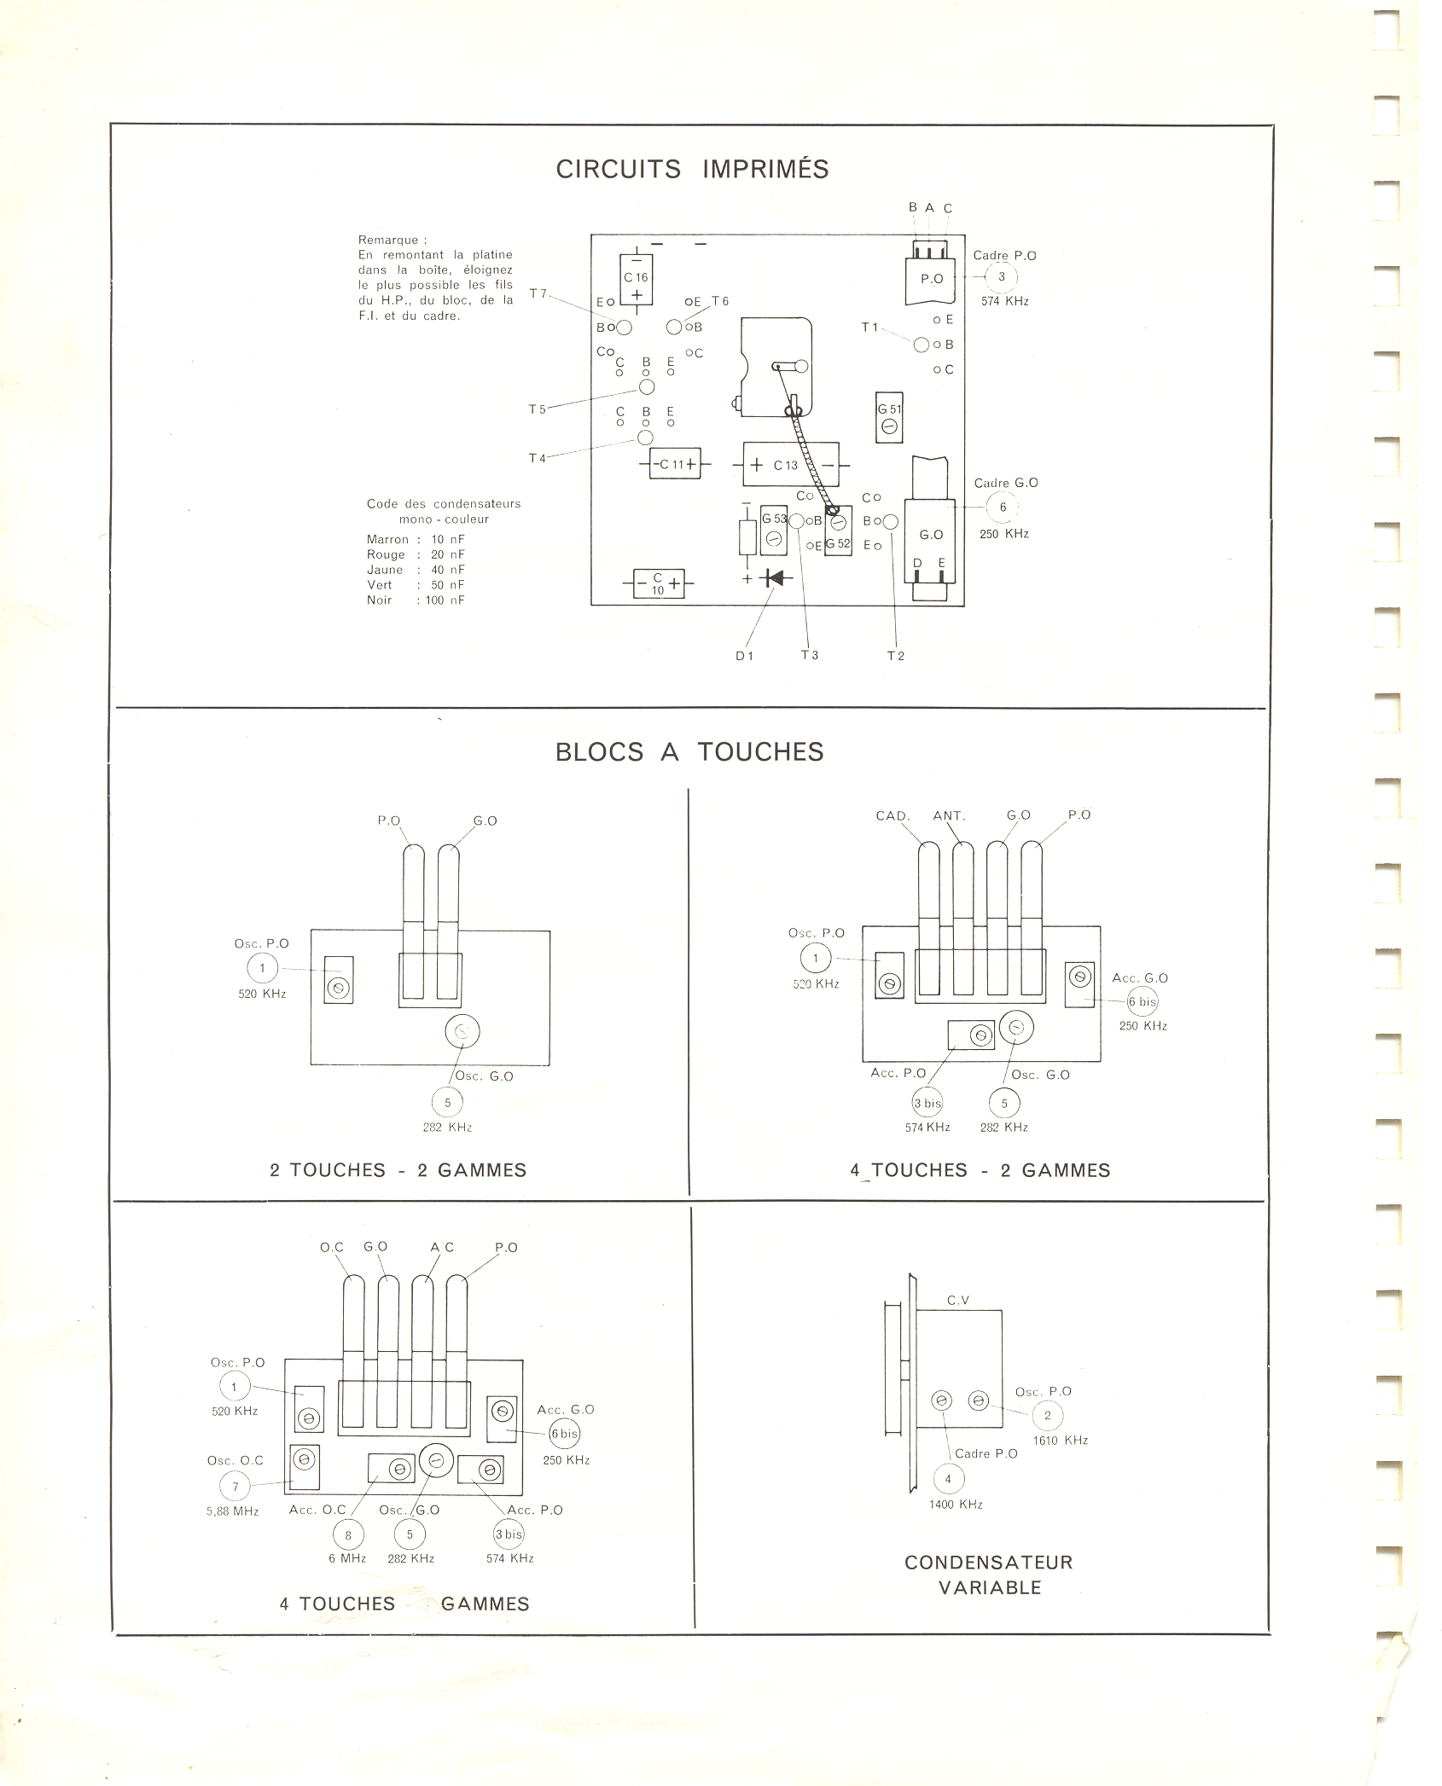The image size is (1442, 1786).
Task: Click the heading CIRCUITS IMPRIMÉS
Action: (x=692, y=170)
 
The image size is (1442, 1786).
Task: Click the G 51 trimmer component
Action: (x=889, y=418)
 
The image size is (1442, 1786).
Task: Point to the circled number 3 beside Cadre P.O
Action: (x=1002, y=277)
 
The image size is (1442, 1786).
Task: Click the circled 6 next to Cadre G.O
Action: (x=1003, y=507)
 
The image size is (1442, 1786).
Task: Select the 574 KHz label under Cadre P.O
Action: (x=1004, y=301)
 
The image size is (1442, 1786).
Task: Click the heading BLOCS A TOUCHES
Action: (x=689, y=752)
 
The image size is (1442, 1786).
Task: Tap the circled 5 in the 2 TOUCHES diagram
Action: (x=447, y=1103)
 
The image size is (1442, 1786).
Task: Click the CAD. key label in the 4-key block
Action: (x=893, y=816)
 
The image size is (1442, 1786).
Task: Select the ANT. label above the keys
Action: (x=949, y=816)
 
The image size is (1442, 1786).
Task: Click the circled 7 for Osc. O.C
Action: (x=235, y=1487)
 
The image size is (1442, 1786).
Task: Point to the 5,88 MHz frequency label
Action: (x=232, y=1511)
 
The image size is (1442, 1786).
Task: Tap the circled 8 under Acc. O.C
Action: (x=348, y=1534)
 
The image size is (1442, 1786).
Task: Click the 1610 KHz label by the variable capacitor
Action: (x=1061, y=1441)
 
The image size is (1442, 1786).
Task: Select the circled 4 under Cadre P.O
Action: (x=948, y=1479)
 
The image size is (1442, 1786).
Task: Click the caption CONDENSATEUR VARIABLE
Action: (x=989, y=1574)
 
